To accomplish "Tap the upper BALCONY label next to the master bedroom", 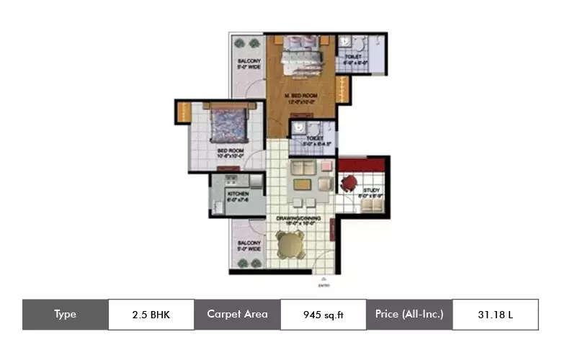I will (248, 63).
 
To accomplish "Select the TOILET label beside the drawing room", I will (314, 139).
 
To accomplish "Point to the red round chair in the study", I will (349, 183).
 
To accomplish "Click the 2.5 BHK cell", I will (151, 315).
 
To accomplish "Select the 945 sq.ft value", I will (323, 315).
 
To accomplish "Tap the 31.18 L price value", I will (495, 315).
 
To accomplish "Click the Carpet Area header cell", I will (237, 315).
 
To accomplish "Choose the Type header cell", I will (65, 315).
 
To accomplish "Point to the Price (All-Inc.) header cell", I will (409, 315).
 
